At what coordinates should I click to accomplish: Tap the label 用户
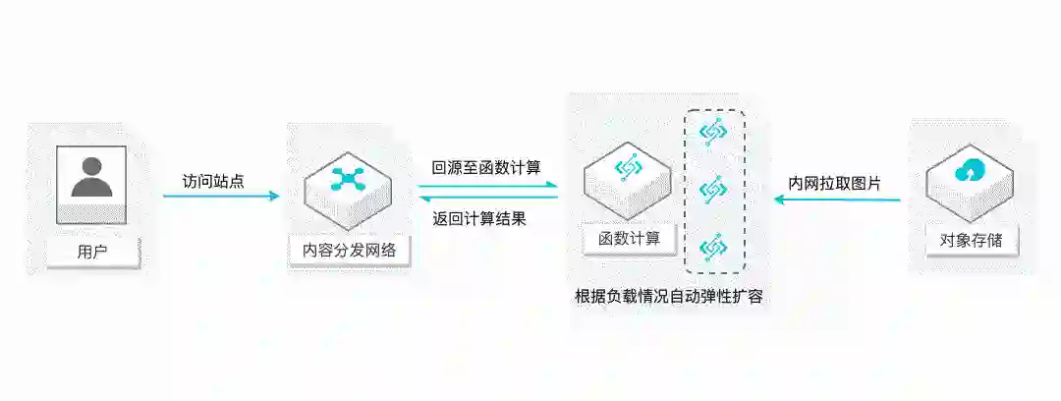pos(91,252)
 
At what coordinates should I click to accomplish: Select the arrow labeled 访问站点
pos(221,196)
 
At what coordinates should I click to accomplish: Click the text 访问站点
pos(211,181)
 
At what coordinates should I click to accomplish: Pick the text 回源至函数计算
pos(486,167)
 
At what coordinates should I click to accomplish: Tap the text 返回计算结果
pos(479,218)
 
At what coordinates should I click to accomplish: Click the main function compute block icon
pos(628,169)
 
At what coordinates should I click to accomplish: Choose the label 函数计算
pos(629,238)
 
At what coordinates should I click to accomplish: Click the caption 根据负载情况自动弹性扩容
pos(669,296)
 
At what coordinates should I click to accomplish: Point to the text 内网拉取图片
pos(834,183)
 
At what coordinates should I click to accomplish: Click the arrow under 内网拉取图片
pos(836,200)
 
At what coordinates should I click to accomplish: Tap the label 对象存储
pos(971,239)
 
